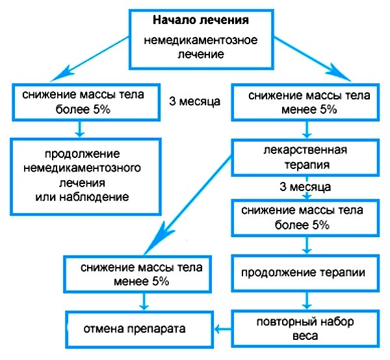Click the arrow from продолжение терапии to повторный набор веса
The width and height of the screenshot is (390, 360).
(306, 301)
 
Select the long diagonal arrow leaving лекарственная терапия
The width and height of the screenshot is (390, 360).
(188, 201)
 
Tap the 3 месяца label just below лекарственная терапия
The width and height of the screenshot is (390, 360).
(305, 187)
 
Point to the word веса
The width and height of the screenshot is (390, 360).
(305, 337)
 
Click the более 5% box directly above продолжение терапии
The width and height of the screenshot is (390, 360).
(305, 218)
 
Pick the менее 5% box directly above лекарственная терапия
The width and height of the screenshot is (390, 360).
(305, 102)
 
